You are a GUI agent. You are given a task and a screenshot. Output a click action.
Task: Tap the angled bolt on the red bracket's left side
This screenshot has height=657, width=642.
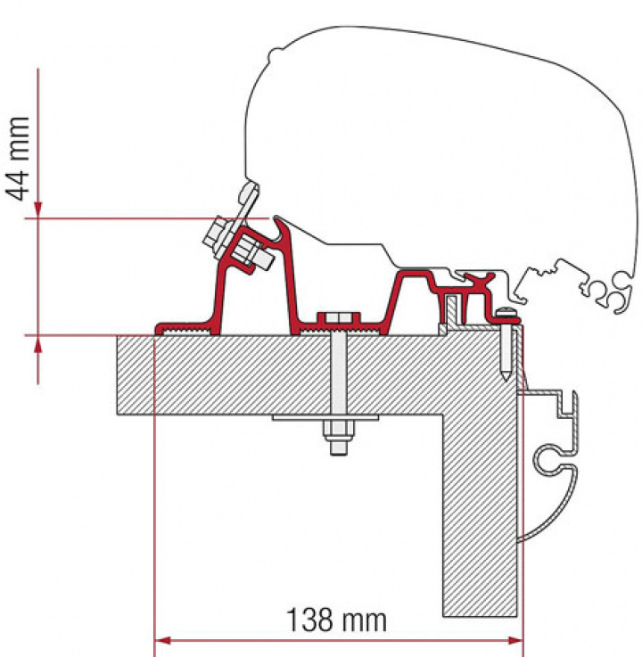click(x=235, y=244)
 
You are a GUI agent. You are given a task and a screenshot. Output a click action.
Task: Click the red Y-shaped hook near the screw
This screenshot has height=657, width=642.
click(x=482, y=285)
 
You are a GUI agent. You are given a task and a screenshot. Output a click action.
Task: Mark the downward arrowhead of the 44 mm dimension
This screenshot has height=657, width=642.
click(x=37, y=207)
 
